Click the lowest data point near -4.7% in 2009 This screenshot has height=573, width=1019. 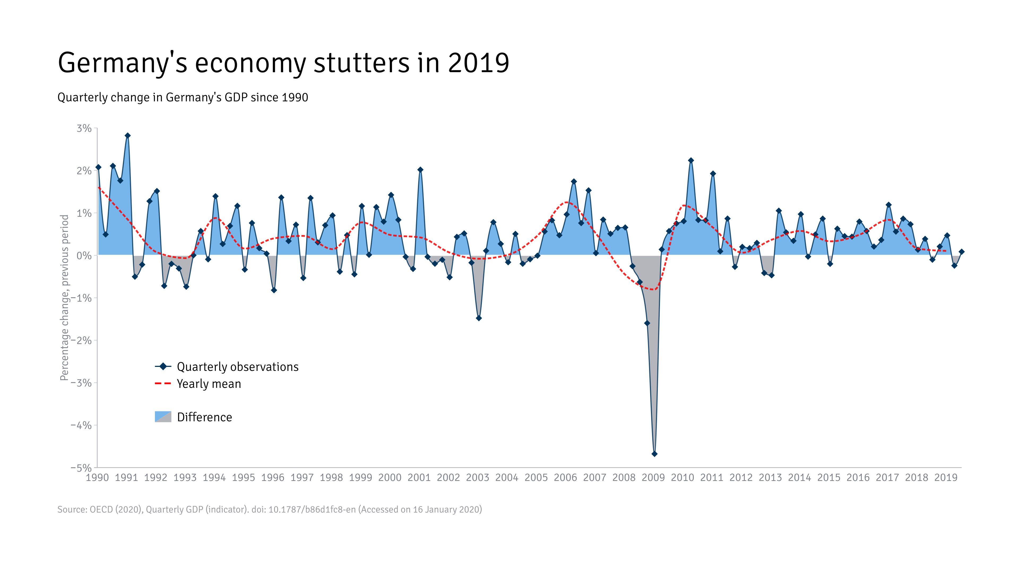654,454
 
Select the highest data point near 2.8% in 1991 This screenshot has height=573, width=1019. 127,136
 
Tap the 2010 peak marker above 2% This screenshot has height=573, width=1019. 691,160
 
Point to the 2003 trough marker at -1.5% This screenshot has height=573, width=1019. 479,318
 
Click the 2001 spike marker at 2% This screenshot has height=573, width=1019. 420,170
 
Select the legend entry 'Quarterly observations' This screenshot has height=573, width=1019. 237,367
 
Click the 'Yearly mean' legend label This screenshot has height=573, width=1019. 209,384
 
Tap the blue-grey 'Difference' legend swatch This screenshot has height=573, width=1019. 163,417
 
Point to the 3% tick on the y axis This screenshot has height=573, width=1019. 84,128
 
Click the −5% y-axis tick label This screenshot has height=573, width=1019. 81,468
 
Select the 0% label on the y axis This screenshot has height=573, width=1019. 84,255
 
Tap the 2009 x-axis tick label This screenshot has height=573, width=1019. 653,478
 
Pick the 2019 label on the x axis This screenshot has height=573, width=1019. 945,478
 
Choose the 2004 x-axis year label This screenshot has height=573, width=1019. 507,478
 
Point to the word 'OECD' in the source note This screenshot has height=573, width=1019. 101,509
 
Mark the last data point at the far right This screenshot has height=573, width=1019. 961,251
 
